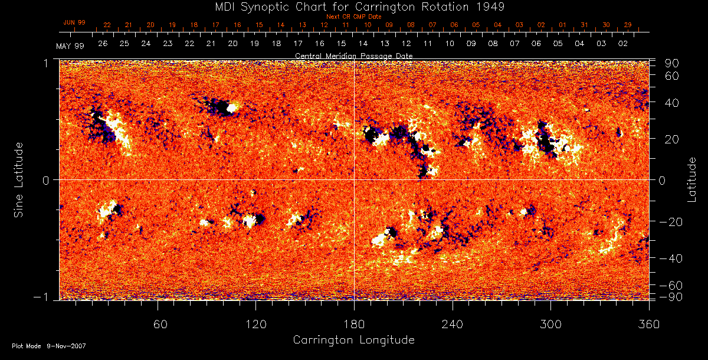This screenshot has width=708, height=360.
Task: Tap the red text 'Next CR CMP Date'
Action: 354,17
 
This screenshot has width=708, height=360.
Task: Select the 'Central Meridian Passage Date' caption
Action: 353,55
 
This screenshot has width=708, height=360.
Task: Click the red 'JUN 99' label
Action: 74,22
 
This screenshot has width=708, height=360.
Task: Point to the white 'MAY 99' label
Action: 70,46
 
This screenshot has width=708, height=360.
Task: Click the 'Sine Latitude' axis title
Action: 19,179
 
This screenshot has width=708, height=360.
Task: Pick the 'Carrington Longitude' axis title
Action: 353,340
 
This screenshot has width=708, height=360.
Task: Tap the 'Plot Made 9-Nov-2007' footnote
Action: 49,346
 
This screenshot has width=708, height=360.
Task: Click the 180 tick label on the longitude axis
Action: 354,324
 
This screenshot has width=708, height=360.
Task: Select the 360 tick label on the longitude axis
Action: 649,324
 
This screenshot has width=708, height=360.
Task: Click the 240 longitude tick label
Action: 453,324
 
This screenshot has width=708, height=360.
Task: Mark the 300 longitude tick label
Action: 550,324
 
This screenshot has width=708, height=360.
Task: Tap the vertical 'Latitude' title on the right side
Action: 692,179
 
